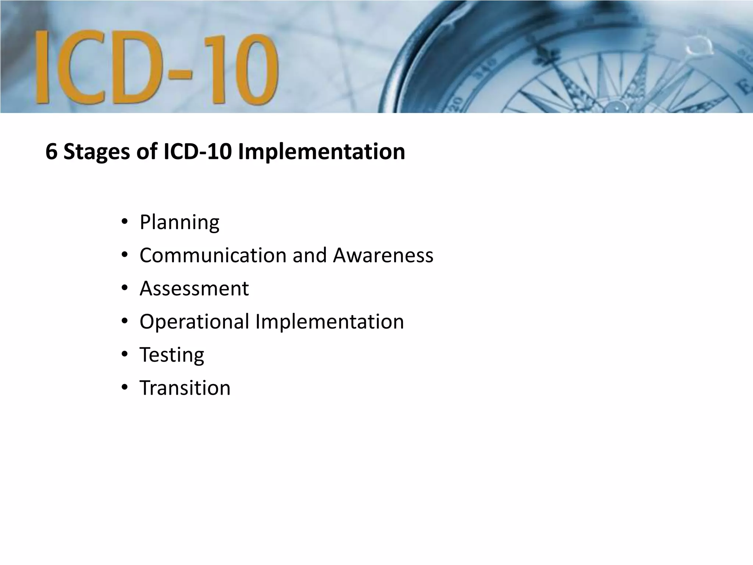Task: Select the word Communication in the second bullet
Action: point(213,255)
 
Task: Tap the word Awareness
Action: point(383,255)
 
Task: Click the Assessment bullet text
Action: point(194,288)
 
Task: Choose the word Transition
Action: point(185,388)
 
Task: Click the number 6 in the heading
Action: point(51,152)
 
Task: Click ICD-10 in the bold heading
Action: point(197,152)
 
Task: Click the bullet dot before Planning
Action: point(125,222)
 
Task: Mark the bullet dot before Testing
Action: point(125,355)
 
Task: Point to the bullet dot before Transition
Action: point(125,387)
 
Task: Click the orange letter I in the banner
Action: point(42,66)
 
